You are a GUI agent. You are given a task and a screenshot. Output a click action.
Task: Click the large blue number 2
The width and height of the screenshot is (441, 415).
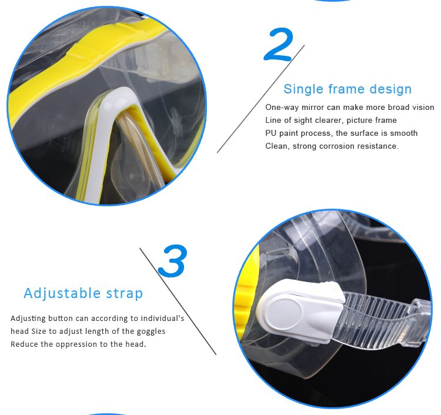point(279,44)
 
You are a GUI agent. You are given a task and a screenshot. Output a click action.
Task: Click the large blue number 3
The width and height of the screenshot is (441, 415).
point(172,260)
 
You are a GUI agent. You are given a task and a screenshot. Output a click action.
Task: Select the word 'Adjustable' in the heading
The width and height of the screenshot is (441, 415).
point(62,293)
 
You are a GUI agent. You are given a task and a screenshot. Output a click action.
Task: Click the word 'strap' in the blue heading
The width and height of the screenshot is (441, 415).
point(125,294)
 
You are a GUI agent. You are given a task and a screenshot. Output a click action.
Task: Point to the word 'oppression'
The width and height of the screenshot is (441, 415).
point(76,344)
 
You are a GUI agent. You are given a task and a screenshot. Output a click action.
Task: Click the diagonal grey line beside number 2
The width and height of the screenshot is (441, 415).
point(260,99)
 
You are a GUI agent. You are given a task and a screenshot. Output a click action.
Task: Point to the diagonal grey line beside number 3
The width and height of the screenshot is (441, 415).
point(178,302)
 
